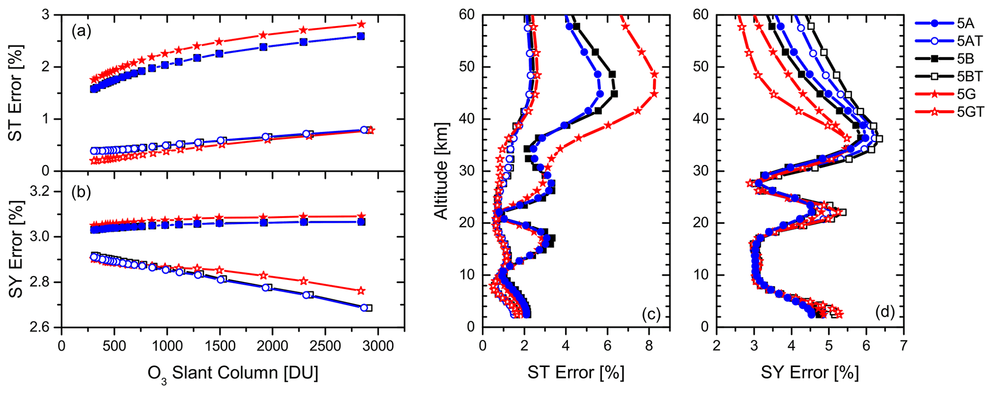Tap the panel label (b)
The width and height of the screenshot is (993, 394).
[x=81, y=192]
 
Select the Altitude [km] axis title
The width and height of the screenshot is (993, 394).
[x=441, y=171]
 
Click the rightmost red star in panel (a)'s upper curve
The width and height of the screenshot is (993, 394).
[x=361, y=24]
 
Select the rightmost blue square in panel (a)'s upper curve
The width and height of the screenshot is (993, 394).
[x=361, y=36]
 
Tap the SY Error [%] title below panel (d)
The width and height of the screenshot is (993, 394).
[x=809, y=373]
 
